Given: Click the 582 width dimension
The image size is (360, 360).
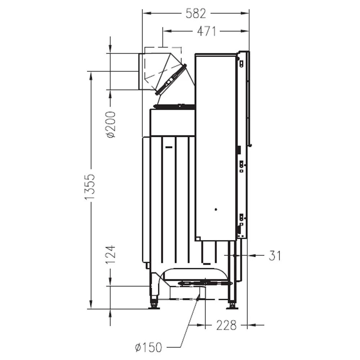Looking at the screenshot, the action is tap(196, 13).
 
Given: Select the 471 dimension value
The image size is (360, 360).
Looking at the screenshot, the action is tap(207, 31).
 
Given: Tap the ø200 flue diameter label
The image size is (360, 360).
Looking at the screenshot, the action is tap(111, 125).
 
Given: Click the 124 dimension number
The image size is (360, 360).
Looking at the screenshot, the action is tap(111, 255).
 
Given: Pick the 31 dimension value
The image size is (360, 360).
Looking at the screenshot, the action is tap(275, 256).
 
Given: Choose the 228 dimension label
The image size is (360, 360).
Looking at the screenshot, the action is tap(226, 325).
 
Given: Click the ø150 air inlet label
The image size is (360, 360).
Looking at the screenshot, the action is tap(149, 347).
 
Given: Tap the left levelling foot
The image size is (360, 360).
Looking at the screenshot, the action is tap(154, 304).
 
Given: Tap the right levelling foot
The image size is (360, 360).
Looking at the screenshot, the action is tap(231, 305).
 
